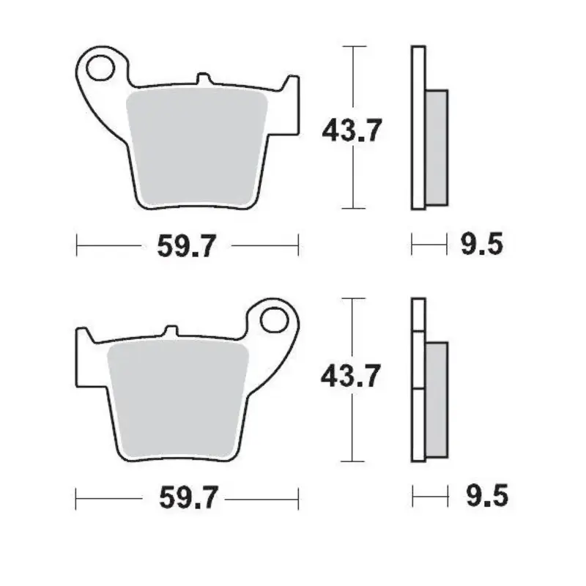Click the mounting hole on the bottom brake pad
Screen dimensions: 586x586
click(277, 319)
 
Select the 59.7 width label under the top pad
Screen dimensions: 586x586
click(187, 245)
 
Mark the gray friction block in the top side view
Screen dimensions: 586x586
click(436, 146)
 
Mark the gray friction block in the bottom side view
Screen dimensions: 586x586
click(436, 399)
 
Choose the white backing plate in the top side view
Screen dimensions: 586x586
click(418, 128)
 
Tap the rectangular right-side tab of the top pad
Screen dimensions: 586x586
click(290, 106)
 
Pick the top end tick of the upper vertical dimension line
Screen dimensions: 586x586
click(355, 46)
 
